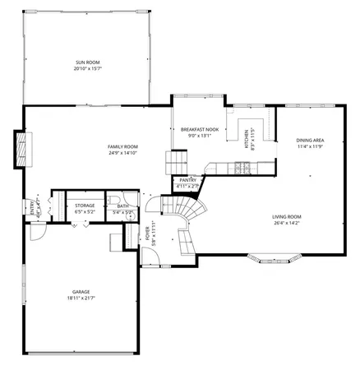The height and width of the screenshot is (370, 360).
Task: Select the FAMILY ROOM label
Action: coord(122,146)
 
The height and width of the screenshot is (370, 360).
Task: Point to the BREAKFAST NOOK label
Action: coord(200,130)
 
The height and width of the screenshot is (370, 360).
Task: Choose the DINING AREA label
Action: coord(310,140)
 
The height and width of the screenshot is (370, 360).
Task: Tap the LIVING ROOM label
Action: coord(287,216)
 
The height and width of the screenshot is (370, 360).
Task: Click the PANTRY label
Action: coord(188,180)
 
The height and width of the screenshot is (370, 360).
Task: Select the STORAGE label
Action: coord(85,205)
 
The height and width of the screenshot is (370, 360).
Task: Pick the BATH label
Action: coord(122,206)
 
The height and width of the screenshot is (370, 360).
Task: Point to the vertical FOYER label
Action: coord(148,236)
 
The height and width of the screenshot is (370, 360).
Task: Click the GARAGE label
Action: coord(80,292)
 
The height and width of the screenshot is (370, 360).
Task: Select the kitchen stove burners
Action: coord(244,169)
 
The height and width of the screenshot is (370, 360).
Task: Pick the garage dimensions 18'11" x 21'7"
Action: coord(80,298)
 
